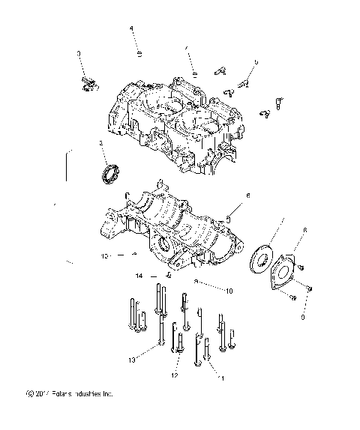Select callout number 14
click(x=139, y=276)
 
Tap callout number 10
click(x=228, y=289)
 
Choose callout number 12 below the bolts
click(x=174, y=375)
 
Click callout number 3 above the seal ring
click(x=100, y=143)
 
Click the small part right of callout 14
click(x=169, y=275)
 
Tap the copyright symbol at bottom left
click(x=28, y=414)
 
